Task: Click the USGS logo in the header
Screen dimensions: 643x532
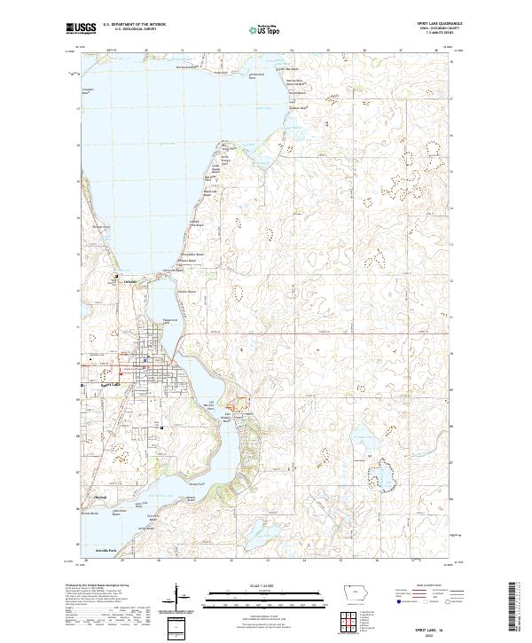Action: pyautogui.click(x=82, y=28)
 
